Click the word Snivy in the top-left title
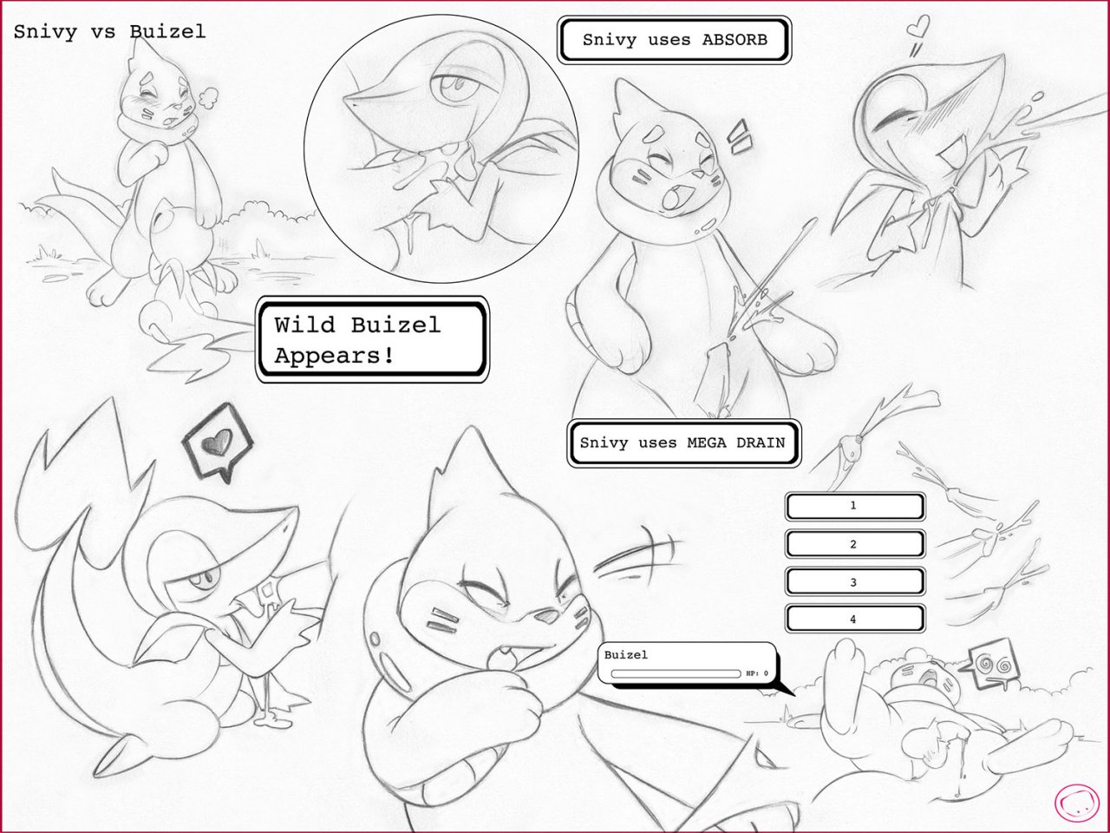coord(45,32)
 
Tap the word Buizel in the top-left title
coord(167,32)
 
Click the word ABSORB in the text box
coord(735,39)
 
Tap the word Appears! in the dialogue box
coord(334,355)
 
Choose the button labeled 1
coord(853,506)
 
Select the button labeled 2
coord(853,544)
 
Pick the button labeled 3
coord(853,582)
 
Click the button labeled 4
coord(853,620)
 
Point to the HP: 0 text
coord(757,673)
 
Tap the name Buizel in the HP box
coord(626,655)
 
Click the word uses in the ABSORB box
coord(665,39)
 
